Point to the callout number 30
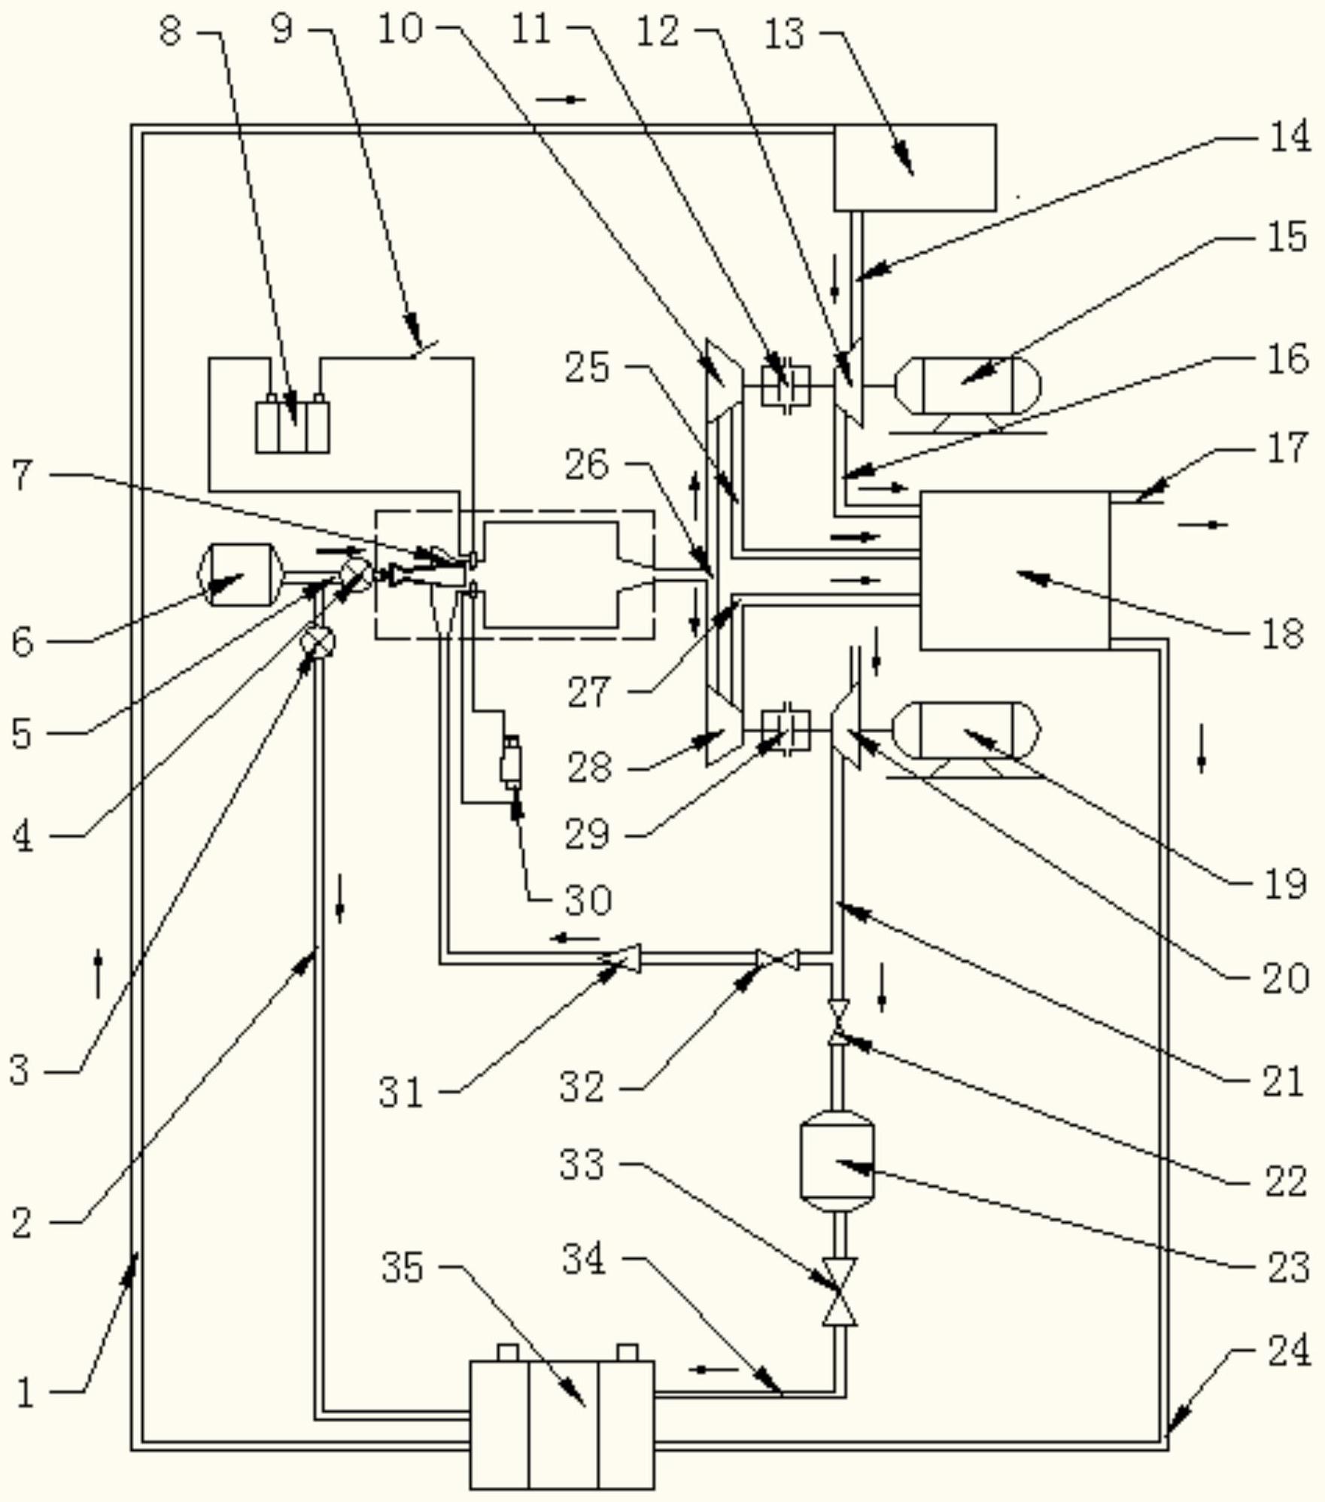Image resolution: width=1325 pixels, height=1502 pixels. pos(588,900)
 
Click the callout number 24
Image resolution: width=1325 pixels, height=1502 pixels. pos(1289,1351)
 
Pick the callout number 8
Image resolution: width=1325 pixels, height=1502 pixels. pos(171,32)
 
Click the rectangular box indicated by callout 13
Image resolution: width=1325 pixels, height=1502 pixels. pos(915,167)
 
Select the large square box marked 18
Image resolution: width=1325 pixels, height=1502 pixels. pos(1014,570)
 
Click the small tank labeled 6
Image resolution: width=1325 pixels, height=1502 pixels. pos(239,575)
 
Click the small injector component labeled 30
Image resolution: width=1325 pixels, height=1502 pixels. pos(512,763)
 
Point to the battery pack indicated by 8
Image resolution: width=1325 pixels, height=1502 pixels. pos(292,427)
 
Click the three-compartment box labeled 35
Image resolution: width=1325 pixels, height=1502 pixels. pos(562,1424)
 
